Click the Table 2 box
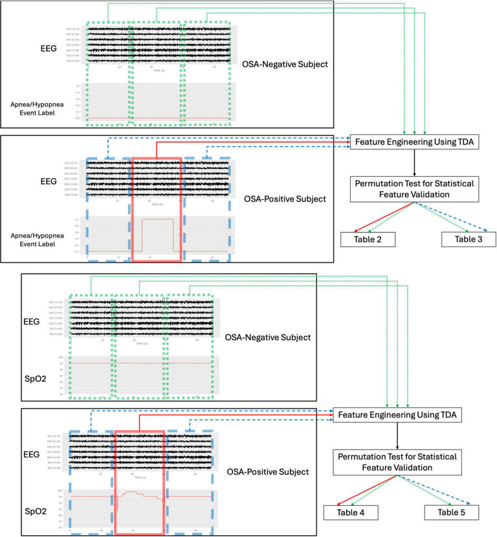tap(368, 239)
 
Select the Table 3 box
tap(469, 239)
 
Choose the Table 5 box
tap(451, 512)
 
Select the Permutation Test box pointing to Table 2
tap(415, 189)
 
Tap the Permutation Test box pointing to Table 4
tap(397, 462)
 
